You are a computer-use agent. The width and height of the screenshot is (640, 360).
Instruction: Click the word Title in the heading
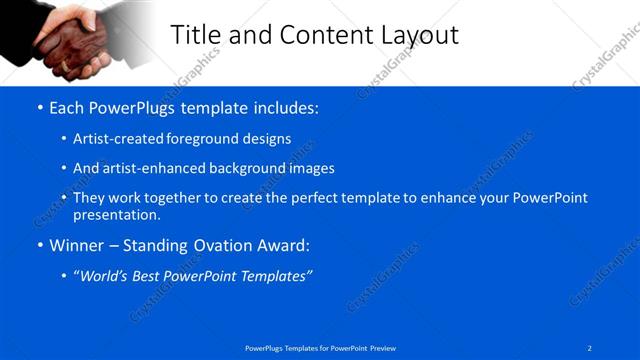(197, 35)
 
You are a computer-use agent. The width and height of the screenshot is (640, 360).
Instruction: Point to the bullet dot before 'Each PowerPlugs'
(39, 108)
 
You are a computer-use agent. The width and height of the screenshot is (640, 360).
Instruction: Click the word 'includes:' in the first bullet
(285, 107)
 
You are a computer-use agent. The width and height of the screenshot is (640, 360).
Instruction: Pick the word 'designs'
(269, 139)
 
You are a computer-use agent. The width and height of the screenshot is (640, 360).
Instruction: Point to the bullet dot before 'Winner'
(39, 245)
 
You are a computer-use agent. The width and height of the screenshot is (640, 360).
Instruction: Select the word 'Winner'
(74, 245)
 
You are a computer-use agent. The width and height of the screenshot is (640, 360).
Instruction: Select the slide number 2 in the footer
(590, 347)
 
